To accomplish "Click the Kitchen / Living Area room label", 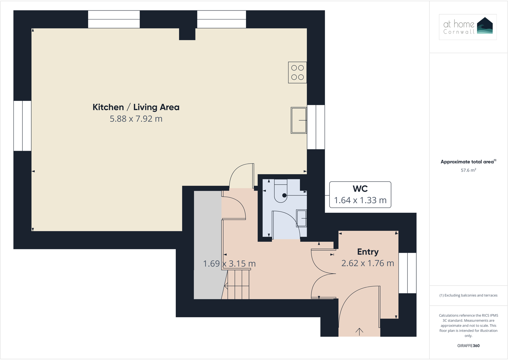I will [x=136, y=107].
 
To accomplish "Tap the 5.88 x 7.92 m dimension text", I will [x=136, y=119].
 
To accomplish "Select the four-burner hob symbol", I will [x=297, y=73].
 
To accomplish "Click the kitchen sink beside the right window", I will [x=298, y=120].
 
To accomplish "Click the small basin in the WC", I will [x=301, y=218].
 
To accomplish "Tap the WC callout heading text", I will [x=360, y=189].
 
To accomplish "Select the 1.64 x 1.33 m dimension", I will [x=360, y=200].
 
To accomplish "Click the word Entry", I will [x=368, y=252].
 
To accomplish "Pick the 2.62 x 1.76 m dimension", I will [x=367, y=263].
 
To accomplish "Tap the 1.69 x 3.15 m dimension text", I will [x=229, y=264].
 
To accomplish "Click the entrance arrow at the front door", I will [x=359, y=332].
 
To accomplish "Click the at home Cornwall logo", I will [x=468, y=27].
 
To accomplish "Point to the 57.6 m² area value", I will [x=468, y=170].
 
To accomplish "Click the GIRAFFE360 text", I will [x=468, y=346].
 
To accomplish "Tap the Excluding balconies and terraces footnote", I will [x=468, y=295].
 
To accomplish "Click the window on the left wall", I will [x=22, y=126].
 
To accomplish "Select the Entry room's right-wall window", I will [x=407, y=273].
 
